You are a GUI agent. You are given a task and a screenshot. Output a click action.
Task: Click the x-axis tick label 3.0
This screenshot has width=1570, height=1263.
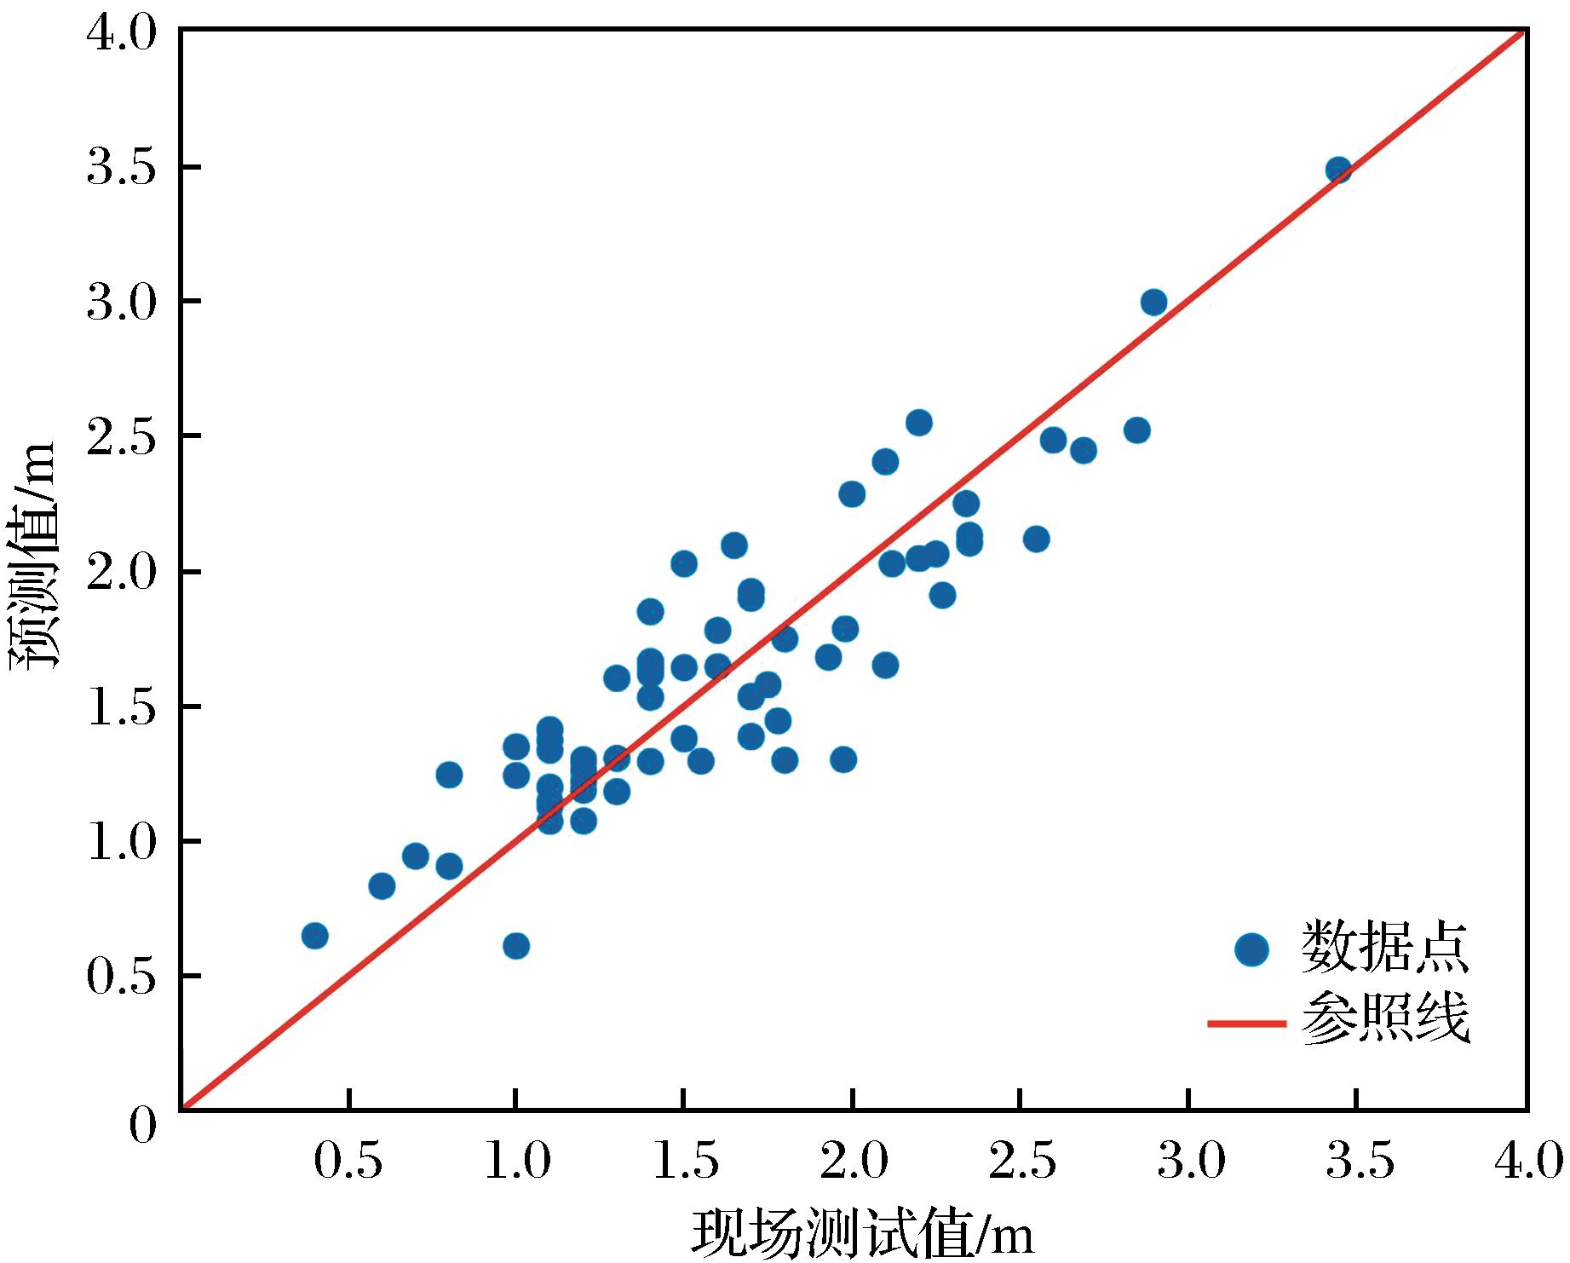click(1192, 1161)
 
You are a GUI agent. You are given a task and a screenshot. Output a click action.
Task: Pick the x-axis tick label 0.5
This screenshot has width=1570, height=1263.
click(348, 1161)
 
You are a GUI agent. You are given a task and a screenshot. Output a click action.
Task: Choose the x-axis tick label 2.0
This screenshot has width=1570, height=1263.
click(854, 1161)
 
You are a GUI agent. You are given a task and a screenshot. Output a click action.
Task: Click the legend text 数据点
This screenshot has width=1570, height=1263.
click(1384, 947)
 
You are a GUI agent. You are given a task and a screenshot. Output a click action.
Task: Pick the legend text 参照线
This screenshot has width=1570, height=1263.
click(1384, 1018)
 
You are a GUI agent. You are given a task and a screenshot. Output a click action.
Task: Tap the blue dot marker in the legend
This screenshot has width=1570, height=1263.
click(1251, 949)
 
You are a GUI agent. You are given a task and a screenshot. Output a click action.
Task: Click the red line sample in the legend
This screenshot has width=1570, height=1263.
click(1245, 1022)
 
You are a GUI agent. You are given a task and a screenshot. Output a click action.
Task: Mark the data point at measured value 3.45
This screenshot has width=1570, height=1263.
click(1338, 170)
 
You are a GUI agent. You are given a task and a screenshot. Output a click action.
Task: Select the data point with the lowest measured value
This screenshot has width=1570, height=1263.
click(314, 936)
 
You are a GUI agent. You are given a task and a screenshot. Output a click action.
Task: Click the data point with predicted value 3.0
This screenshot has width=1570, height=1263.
click(1153, 302)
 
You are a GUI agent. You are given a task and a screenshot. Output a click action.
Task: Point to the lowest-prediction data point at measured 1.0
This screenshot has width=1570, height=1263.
click(515, 946)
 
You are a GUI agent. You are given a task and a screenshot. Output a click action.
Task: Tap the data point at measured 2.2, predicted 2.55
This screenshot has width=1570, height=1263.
click(918, 422)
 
